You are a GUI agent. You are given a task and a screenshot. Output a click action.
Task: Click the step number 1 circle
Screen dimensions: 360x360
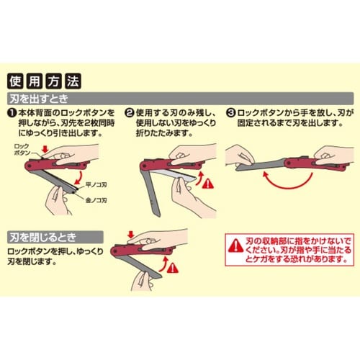(x=12, y=113)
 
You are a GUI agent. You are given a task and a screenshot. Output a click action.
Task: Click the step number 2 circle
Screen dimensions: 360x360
(x=130, y=113)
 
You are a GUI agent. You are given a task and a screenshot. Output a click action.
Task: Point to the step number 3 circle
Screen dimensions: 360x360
(x=230, y=113)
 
